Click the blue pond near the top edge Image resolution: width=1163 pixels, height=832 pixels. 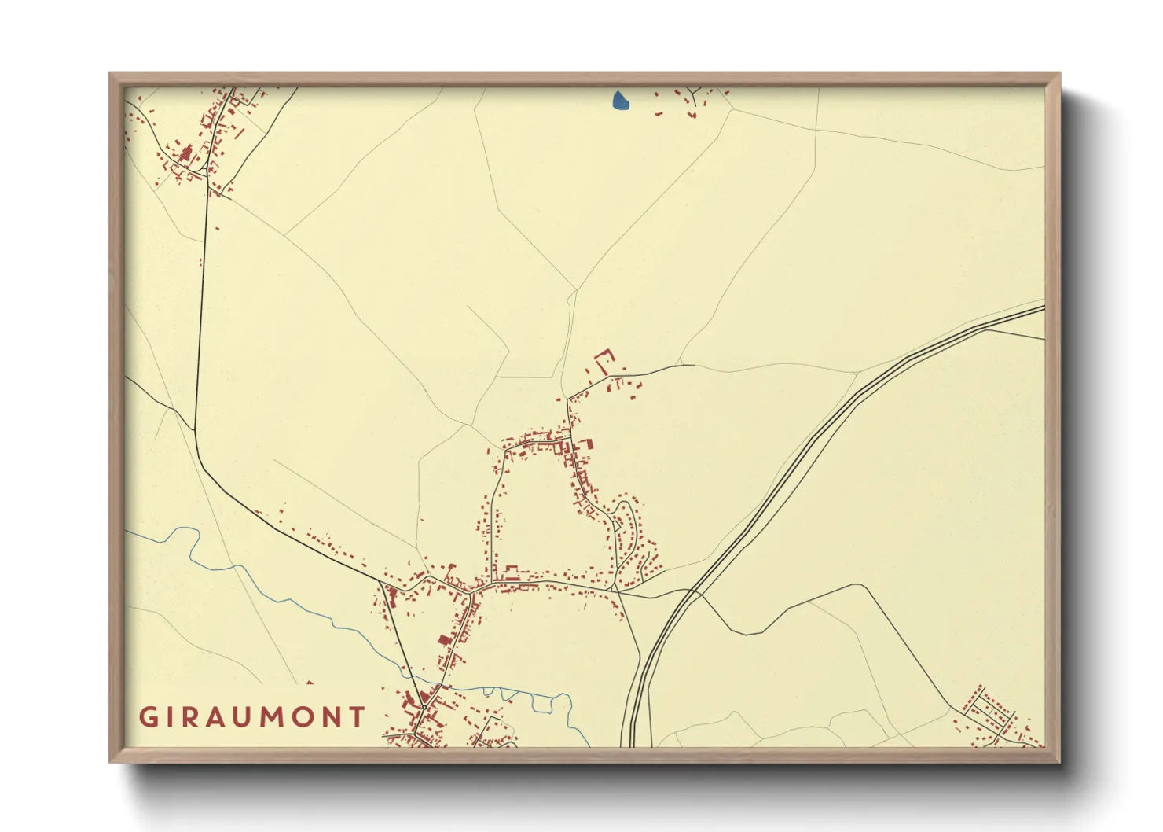(620, 101)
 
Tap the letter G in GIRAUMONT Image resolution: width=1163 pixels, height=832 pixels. (148, 717)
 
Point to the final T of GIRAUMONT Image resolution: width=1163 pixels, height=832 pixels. (358, 717)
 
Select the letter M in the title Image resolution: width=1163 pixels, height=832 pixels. (277, 717)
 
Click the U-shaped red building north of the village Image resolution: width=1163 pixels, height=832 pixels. (604, 362)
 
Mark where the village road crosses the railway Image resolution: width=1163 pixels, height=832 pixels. (690, 591)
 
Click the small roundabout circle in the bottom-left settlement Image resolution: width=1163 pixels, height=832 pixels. (424, 708)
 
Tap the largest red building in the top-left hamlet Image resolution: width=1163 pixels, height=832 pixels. (186, 153)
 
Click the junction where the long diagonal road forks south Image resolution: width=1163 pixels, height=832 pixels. (381, 583)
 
